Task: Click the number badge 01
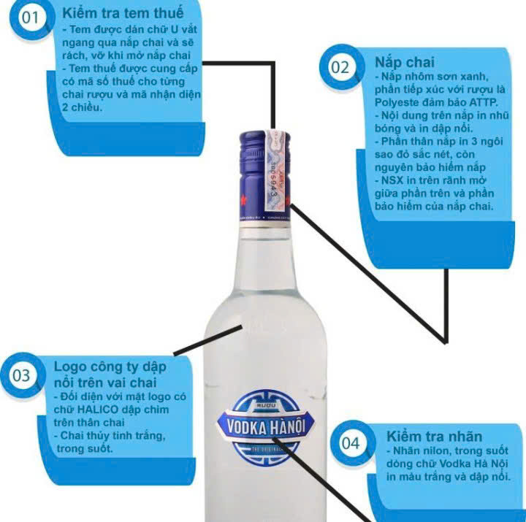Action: tap(31, 18)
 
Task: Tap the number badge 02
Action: tap(340, 67)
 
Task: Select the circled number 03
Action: tap(21, 375)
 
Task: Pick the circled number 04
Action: tap(351, 443)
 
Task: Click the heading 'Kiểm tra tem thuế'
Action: tap(123, 13)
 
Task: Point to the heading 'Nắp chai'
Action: tap(405, 62)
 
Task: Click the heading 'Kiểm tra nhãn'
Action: tap(434, 436)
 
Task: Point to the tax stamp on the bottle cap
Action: tap(277, 170)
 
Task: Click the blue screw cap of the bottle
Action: tap(264, 175)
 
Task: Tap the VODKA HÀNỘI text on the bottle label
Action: tap(266, 427)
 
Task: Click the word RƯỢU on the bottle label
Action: tap(266, 406)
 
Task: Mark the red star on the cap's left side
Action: tap(243, 200)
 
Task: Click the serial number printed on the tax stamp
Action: tap(275, 180)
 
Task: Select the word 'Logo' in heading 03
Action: tap(69, 366)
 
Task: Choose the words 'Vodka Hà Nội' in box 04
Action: tap(473, 464)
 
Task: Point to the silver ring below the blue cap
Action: tap(264, 225)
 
